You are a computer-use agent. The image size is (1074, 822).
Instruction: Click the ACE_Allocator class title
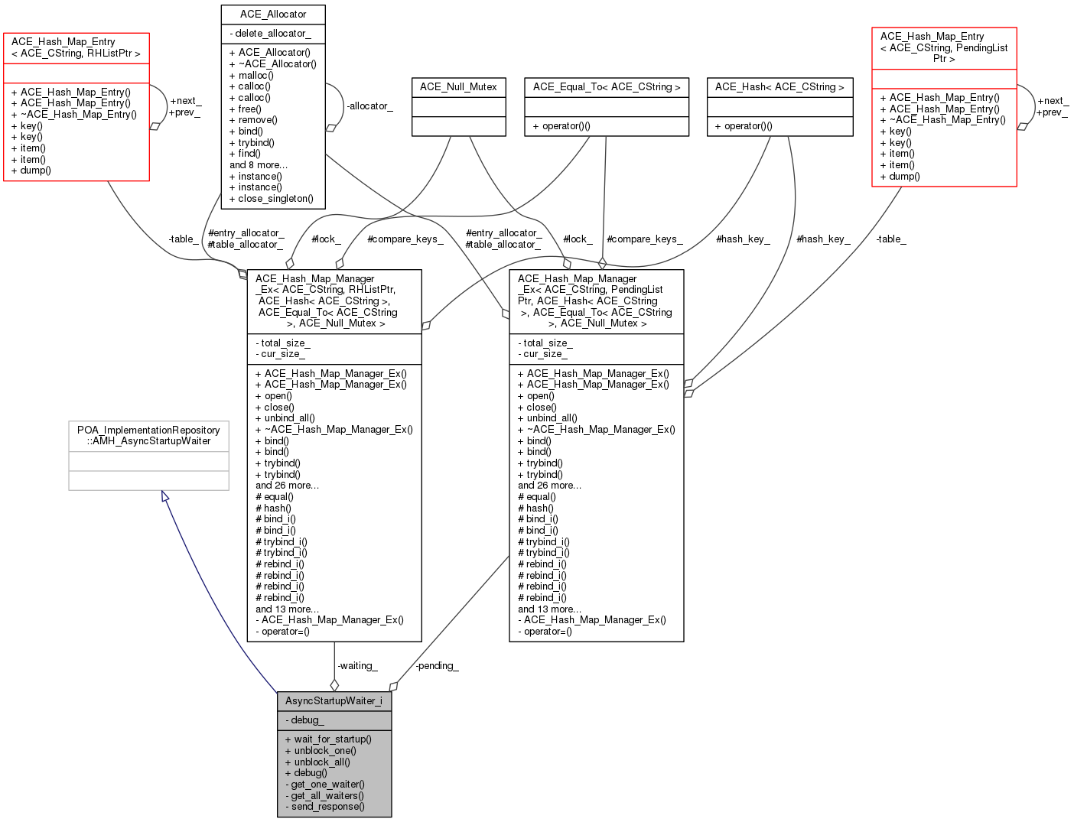(x=272, y=15)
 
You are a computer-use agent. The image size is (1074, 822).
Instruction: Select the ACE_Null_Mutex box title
(x=458, y=87)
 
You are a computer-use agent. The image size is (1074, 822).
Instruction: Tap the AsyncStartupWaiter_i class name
(x=334, y=701)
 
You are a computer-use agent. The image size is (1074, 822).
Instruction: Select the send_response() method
(x=325, y=807)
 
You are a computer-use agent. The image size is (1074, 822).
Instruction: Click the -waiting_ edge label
(x=357, y=666)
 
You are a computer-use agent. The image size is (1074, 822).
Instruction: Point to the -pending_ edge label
(x=437, y=666)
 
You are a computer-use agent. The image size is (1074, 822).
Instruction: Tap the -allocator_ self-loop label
(x=369, y=106)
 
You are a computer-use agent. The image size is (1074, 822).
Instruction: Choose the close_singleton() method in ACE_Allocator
(x=272, y=199)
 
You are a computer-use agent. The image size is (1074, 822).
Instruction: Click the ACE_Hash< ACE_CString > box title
(x=779, y=87)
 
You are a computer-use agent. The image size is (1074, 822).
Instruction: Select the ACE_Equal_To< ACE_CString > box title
(x=607, y=87)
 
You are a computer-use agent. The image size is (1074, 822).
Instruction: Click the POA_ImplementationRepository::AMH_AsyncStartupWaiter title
(x=148, y=435)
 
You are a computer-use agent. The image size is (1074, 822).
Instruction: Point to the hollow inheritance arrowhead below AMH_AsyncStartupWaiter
(x=164, y=496)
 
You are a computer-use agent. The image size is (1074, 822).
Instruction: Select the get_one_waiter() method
(x=325, y=785)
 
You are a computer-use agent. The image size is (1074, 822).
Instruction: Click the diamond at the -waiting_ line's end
(x=334, y=685)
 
